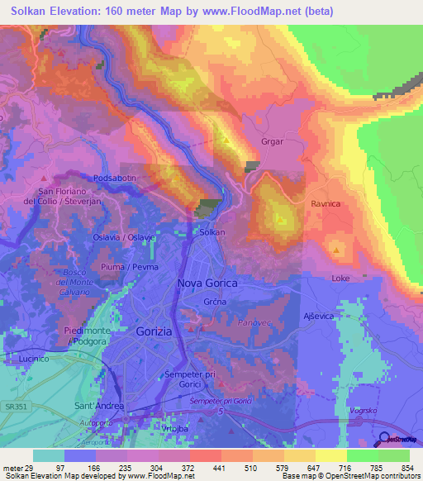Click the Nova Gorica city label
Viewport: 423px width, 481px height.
[207, 283]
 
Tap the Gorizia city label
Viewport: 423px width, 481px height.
[153, 331]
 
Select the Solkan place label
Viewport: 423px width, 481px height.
[212, 232]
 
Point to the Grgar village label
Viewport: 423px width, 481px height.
[272, 141]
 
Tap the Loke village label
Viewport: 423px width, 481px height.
[340, 279]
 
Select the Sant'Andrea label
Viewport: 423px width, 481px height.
[99, 406]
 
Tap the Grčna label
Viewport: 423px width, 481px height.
[215, 302]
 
